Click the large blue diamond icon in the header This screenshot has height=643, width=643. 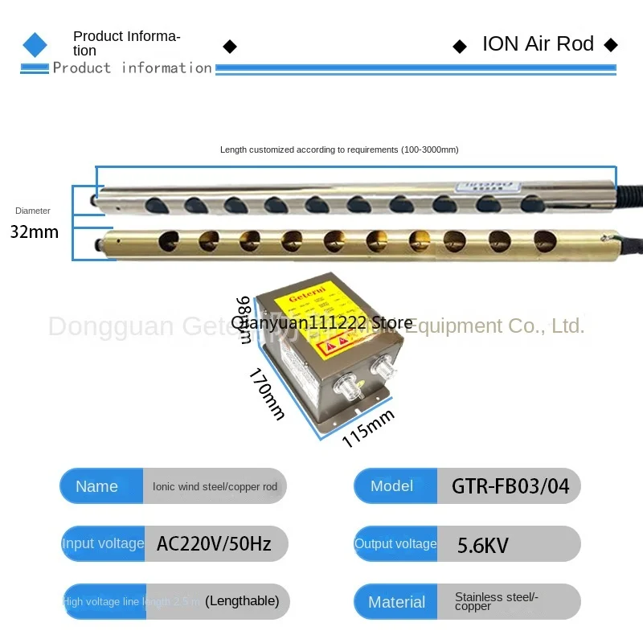point(35,44)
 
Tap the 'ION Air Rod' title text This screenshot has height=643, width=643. point(538,43)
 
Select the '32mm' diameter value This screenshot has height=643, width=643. point(35,232)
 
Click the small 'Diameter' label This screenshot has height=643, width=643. point(33,211)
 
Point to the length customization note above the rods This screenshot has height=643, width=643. point(339,149)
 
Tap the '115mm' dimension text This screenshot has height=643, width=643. point(368,428)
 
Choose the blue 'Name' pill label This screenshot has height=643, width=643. point(96,486)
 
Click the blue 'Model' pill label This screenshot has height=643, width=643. point(392,485)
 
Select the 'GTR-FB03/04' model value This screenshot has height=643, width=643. point(510,486)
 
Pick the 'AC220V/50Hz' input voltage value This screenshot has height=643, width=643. point(214,544)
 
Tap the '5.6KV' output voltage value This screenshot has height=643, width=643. point(482,546)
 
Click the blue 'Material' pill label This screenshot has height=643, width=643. point(396,602)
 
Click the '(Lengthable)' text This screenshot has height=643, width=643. point(242,600)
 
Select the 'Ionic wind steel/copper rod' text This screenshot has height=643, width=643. point(215,486)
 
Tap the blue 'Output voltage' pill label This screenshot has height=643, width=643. point(395,544)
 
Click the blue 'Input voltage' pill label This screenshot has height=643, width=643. point(103,544)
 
